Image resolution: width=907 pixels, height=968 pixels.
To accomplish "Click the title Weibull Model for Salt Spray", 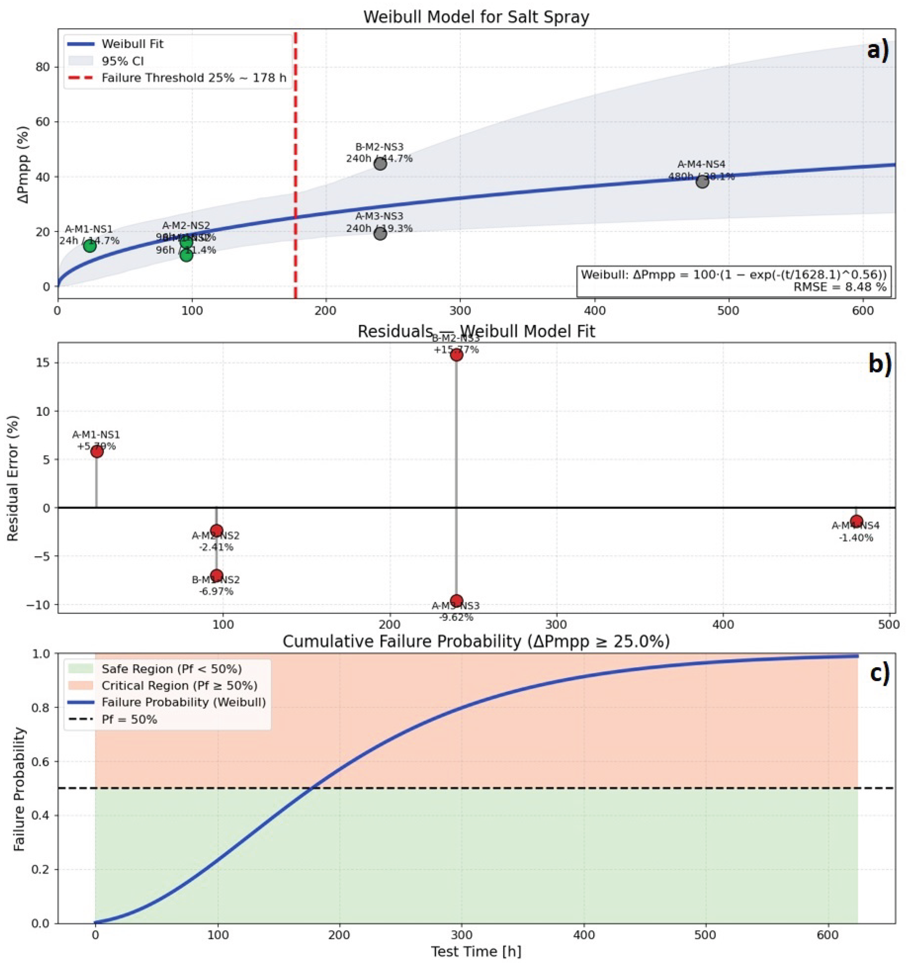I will coord(476,17).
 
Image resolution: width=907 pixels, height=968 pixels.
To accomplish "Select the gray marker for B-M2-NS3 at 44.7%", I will coord(380,164).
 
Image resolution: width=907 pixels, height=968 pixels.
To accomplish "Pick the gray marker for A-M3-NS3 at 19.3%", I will coord(380,234).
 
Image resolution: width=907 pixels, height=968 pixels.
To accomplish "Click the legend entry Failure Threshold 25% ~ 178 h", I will coord(194,78).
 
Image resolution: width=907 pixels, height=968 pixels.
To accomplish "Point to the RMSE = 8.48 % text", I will coord(839,287).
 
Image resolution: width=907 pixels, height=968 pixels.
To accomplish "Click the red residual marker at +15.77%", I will coord(456,355).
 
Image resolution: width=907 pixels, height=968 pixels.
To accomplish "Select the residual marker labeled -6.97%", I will coord(217,575).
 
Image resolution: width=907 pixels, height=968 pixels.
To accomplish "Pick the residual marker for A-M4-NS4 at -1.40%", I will coord(856,521).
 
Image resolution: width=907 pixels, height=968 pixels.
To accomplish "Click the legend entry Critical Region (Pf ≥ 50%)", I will coord(179,686).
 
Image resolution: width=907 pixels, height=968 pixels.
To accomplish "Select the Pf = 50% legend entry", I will coord(129,719).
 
